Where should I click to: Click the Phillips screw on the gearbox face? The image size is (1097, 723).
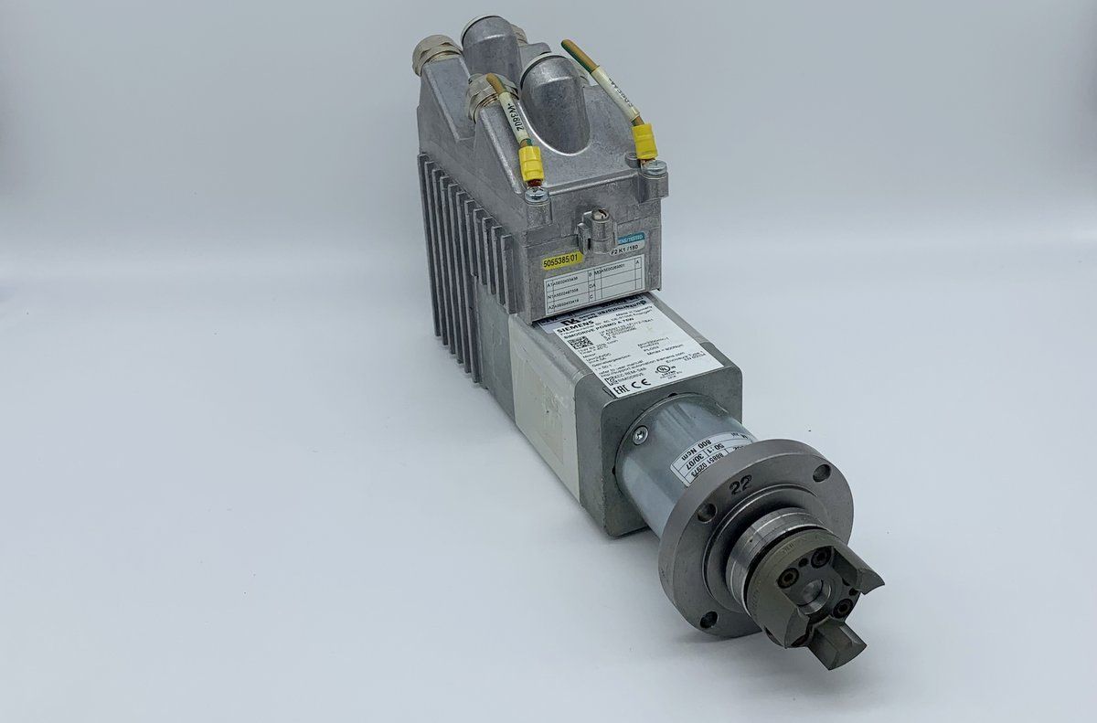[640, 435]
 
